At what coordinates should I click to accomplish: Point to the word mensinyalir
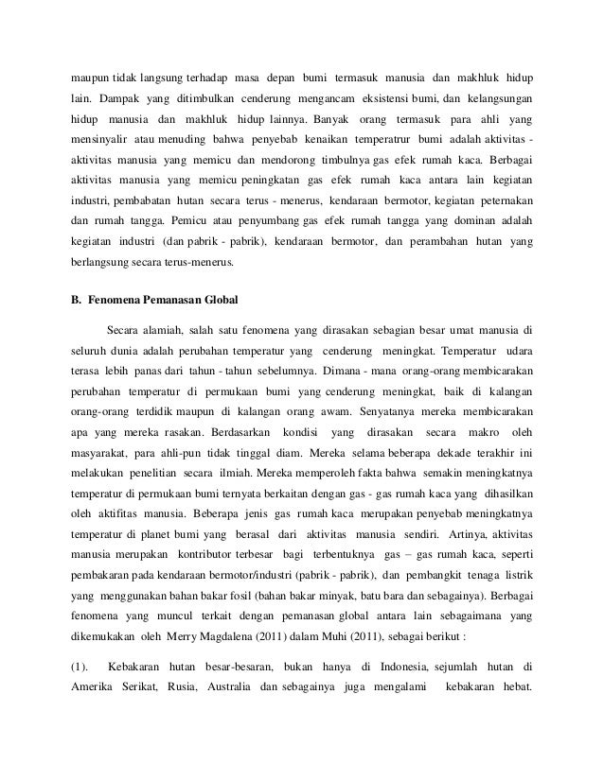(x=100, y=148)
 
